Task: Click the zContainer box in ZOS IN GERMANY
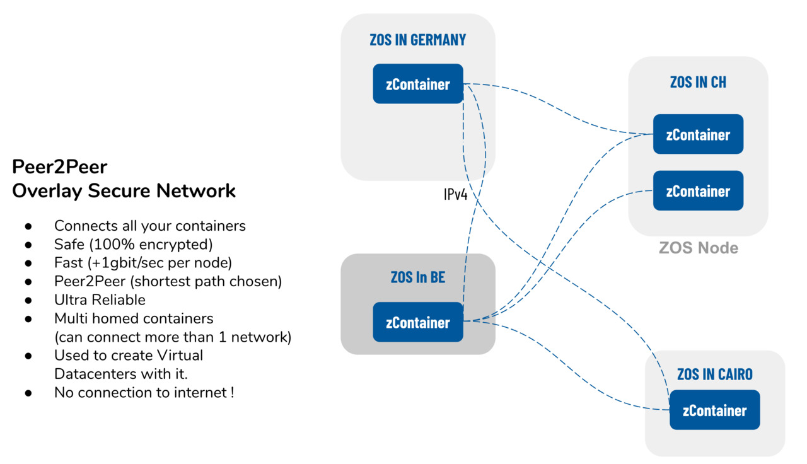(x=418, y=84)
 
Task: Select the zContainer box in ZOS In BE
(x=418, y=322)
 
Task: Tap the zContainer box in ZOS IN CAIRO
(x=714, y=410)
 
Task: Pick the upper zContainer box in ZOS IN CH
(x=698, y=134)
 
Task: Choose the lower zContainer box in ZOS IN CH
(x=698, y=190)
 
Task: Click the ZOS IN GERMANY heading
(x=418, y=40)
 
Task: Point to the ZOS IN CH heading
(x=698, y=82)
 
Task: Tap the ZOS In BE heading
(x=418, y=277)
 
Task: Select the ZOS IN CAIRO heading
(x=715, y=374)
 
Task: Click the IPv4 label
(x=455, y=194)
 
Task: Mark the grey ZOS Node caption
(x=698, y=248)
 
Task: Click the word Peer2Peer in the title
(x=60, y=167)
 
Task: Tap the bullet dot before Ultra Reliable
(x=28, y=300)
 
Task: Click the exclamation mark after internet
(x=232, y=393)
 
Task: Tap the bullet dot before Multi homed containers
(x=28, y=319)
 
